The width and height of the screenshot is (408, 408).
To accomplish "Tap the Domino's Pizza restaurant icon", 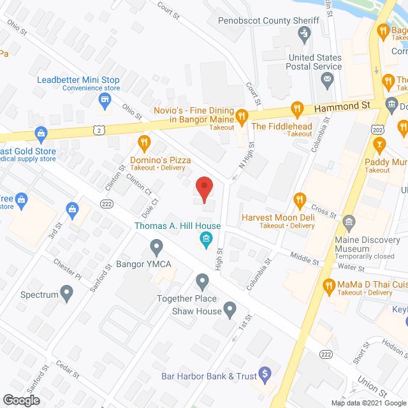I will click(x=144, y=142).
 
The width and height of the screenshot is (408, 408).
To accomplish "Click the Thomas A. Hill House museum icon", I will click(x=205, y=240).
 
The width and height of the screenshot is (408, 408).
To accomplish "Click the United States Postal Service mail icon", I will click(x=328, y=80).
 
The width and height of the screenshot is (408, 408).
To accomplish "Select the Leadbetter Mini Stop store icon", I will click(x=106, y=100).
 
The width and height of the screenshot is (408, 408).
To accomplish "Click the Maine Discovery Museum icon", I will click(x=348, y=222).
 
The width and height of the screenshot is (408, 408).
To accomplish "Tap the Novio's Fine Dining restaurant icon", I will click(x=242, y=117).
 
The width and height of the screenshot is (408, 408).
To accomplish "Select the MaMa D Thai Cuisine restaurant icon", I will click(x=329, y=284).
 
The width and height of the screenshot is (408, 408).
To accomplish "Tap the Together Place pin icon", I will click(x=202, y=280).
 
